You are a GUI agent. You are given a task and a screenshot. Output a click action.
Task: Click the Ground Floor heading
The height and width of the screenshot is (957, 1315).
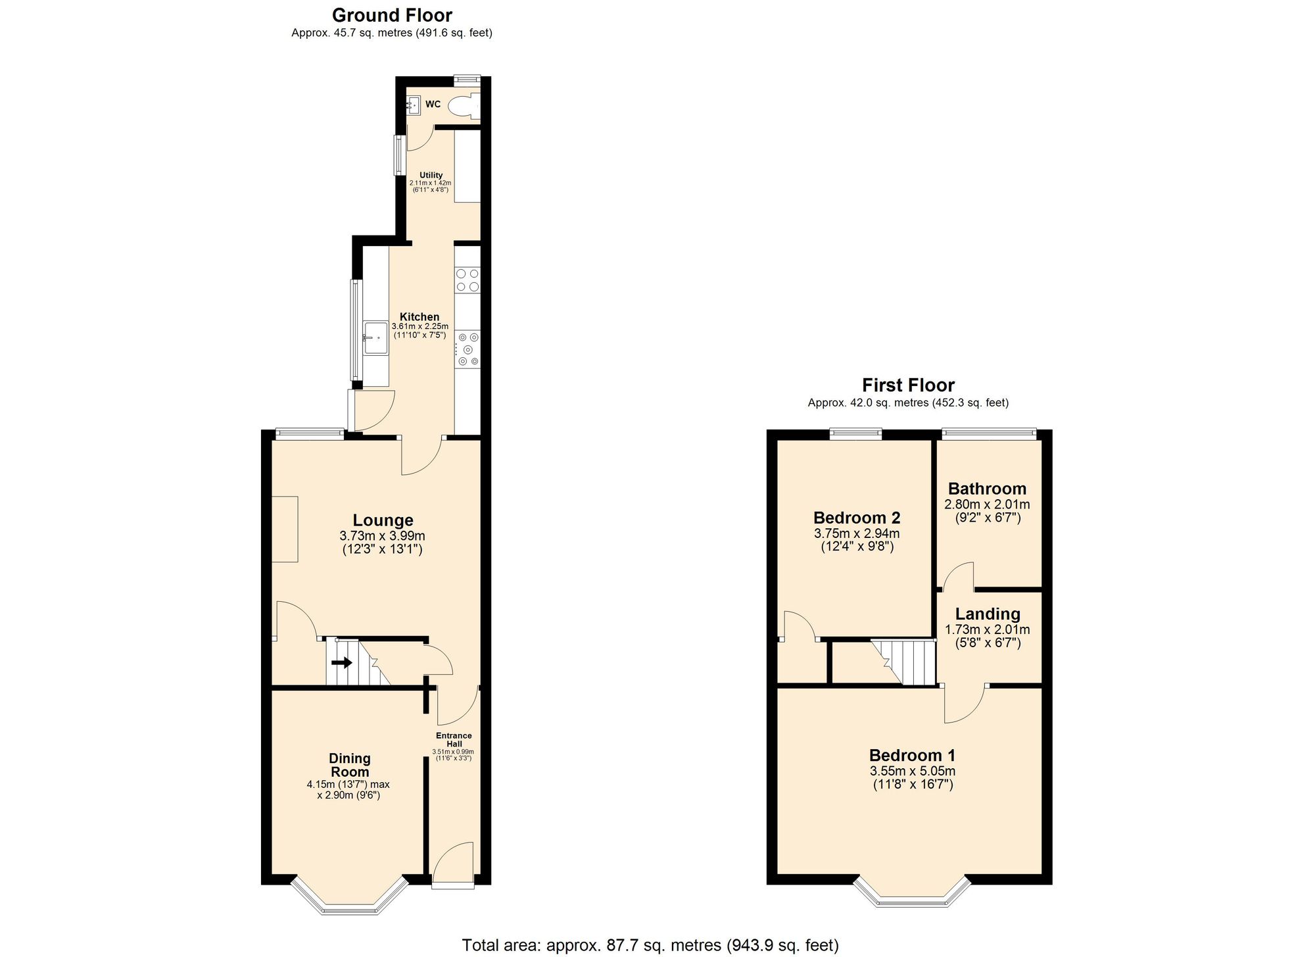[x=392, y=15]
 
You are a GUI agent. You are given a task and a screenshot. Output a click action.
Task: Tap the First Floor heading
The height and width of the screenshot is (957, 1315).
[x=908, y=385]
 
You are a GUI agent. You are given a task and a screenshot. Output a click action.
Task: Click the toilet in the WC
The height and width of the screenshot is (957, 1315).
[x=464, y=106]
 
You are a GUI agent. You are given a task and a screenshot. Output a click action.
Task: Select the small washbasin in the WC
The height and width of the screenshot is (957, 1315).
[x=414, y=105]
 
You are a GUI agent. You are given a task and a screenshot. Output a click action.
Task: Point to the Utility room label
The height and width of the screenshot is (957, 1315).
[x=431, y=175]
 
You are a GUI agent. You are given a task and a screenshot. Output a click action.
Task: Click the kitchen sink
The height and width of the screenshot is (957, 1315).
[x=375, y=338]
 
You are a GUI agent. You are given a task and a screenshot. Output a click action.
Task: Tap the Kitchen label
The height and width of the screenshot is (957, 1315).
[x=419, y=317]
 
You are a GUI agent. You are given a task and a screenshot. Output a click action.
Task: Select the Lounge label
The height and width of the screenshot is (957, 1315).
[x=383, y=521]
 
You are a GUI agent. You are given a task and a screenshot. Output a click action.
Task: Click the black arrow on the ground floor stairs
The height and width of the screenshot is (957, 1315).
[x=342, y=663]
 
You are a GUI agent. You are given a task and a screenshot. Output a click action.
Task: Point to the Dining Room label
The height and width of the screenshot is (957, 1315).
[x=349, y=766]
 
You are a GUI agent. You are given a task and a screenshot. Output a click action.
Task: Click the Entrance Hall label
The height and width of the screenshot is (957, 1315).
[x=454, y=740]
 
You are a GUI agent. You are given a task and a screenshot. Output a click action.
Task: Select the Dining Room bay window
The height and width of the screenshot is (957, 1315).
[x=350, y=895]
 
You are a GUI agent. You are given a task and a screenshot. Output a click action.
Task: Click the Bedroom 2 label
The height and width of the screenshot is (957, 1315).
[x=857, y=518]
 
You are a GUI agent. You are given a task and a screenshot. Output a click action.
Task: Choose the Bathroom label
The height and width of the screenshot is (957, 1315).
[x=987, y=489]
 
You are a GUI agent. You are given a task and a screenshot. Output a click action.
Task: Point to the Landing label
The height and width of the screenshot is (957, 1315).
[x=988, y=614]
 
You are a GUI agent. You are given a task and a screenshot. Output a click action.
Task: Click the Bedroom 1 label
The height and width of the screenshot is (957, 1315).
[x=913, y=755]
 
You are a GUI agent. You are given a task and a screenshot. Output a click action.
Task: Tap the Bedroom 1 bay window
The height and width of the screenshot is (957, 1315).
[x=913, y=892]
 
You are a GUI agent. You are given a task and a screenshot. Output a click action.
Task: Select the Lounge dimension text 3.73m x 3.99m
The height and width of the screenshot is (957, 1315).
[x=383, y=536]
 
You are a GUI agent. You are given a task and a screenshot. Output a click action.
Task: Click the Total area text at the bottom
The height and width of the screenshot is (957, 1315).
[x=650, y=945]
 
